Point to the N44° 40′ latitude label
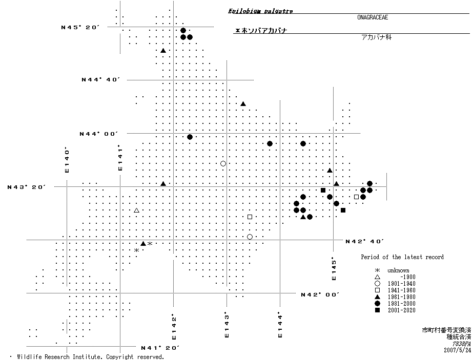click(x=101, y=79)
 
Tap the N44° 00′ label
click(x=98, y=134)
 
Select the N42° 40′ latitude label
click(x=364, y=241)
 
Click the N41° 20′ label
click(x=160, y=348)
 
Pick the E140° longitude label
click(x=67, y=160)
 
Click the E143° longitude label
click(x=226, y=325)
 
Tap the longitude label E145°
click(x=334, y=268)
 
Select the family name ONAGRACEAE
click(x=373, y=17)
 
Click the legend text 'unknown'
click(x=398, y=270)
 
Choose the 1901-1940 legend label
click(x=401, y=284)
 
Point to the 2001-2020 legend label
click(x=401, y=310)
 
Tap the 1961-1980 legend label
click(x=401, y=297)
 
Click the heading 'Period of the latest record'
click(x=402, y=257)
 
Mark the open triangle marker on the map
click(x=137, y=210)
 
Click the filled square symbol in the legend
click(x=377, y=310)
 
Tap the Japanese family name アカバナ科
click(x=376, y=37)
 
